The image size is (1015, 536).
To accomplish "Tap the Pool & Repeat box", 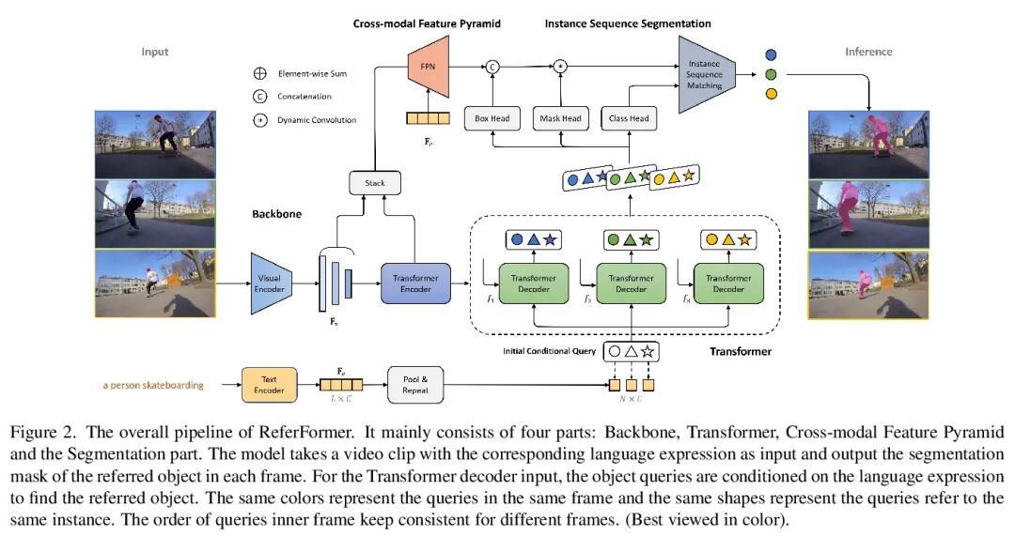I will point(415,384).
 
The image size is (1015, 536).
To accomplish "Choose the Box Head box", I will point(493,118).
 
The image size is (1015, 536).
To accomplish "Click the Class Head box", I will point(630,118).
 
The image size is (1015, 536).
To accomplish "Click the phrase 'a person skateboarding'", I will point(151,385).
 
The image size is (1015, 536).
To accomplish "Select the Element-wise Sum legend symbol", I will point(259,72).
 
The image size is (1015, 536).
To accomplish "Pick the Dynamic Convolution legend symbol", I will point(259,119).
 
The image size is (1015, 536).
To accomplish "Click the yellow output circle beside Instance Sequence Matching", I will point(772,94).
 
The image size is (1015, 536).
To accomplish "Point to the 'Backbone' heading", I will point(276,214).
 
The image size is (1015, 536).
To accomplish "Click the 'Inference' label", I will point(867,51).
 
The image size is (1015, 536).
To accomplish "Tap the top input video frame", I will point(155,143).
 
